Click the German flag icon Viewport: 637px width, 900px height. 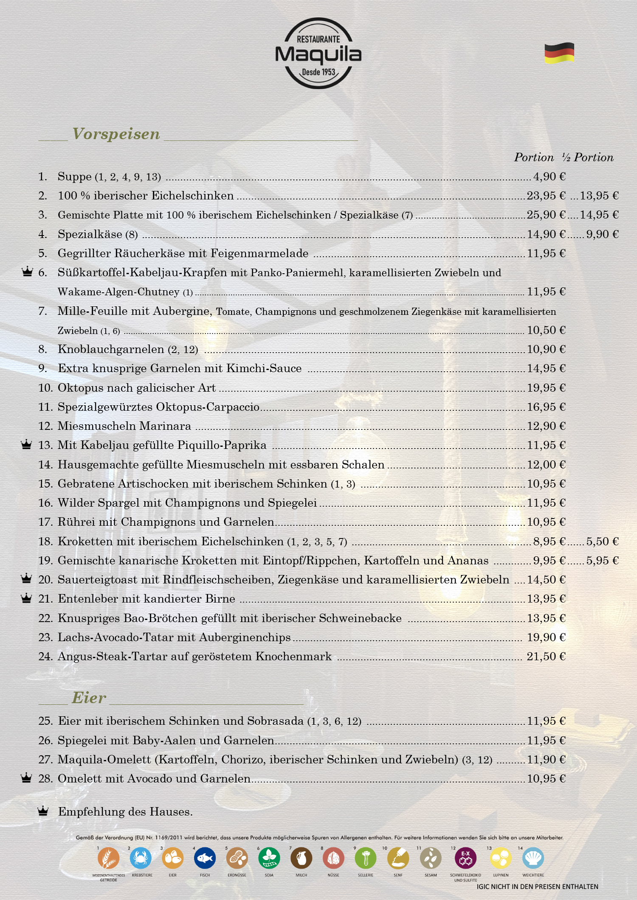click(x=559, y=53)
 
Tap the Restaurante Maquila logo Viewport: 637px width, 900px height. click(x=318, y=53)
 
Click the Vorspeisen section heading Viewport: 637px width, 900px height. click(x=116, y=134)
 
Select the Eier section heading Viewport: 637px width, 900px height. click(x=89, y=698)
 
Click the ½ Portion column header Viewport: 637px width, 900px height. click(x=588, y=157)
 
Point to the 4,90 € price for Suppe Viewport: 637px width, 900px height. click(x=549, y=177)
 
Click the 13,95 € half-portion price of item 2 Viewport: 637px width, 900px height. click(x=599, y=196)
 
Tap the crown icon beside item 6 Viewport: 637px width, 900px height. click(x=27, y=272)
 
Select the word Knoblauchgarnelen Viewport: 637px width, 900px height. click(x=111, y=349)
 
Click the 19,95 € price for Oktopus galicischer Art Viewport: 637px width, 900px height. click(x=546, y=388)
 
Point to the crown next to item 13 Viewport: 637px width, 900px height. click(x=26, y=444)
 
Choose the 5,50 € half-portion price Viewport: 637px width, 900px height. click(x=602, y=541)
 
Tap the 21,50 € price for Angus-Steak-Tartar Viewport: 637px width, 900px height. click(x=546, y=656)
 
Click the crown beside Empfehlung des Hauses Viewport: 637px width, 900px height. click(x=43, y=811)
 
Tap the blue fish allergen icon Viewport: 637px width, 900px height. click(x=205, y=858)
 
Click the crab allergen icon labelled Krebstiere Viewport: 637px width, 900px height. click(x=141, y=858)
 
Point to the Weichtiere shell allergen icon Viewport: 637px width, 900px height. click(x=533, y=858)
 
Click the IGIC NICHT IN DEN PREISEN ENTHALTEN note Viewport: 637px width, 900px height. click(x=537, y=886)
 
